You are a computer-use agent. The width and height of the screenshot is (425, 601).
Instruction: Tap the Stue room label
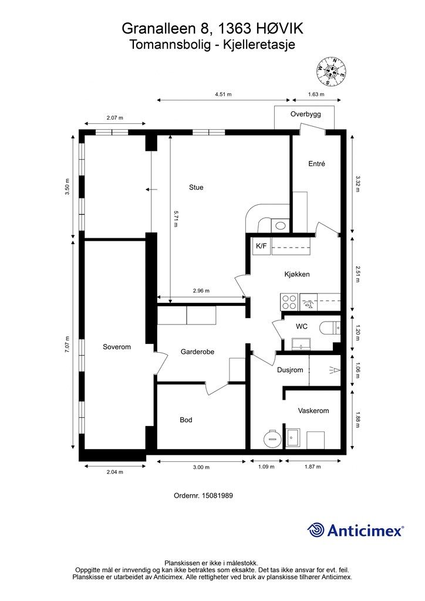196,187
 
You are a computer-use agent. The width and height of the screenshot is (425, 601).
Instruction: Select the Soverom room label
117,347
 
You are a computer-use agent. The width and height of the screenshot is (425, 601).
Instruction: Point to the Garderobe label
197,352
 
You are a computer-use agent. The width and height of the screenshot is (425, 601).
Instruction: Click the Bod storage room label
186,420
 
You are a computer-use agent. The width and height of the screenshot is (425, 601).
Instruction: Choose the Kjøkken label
297,275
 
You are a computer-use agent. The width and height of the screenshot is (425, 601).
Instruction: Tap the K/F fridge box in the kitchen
261,246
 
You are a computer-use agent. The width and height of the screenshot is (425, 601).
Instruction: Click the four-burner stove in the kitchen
289,302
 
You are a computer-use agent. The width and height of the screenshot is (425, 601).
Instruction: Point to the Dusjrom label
290,370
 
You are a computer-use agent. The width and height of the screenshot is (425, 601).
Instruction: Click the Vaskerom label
313,411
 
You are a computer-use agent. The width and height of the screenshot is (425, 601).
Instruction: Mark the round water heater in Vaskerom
272,437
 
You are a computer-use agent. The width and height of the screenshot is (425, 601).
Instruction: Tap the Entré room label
316,164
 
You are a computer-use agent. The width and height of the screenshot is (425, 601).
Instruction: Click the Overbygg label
305,114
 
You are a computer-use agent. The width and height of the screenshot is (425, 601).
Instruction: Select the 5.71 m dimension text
176,218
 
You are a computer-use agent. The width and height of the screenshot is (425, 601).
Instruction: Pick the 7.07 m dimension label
68,344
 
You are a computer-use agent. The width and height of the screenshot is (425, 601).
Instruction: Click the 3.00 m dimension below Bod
201,467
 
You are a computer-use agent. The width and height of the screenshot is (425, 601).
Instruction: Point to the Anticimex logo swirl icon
315,530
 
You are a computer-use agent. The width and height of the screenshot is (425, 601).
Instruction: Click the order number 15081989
217,495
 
